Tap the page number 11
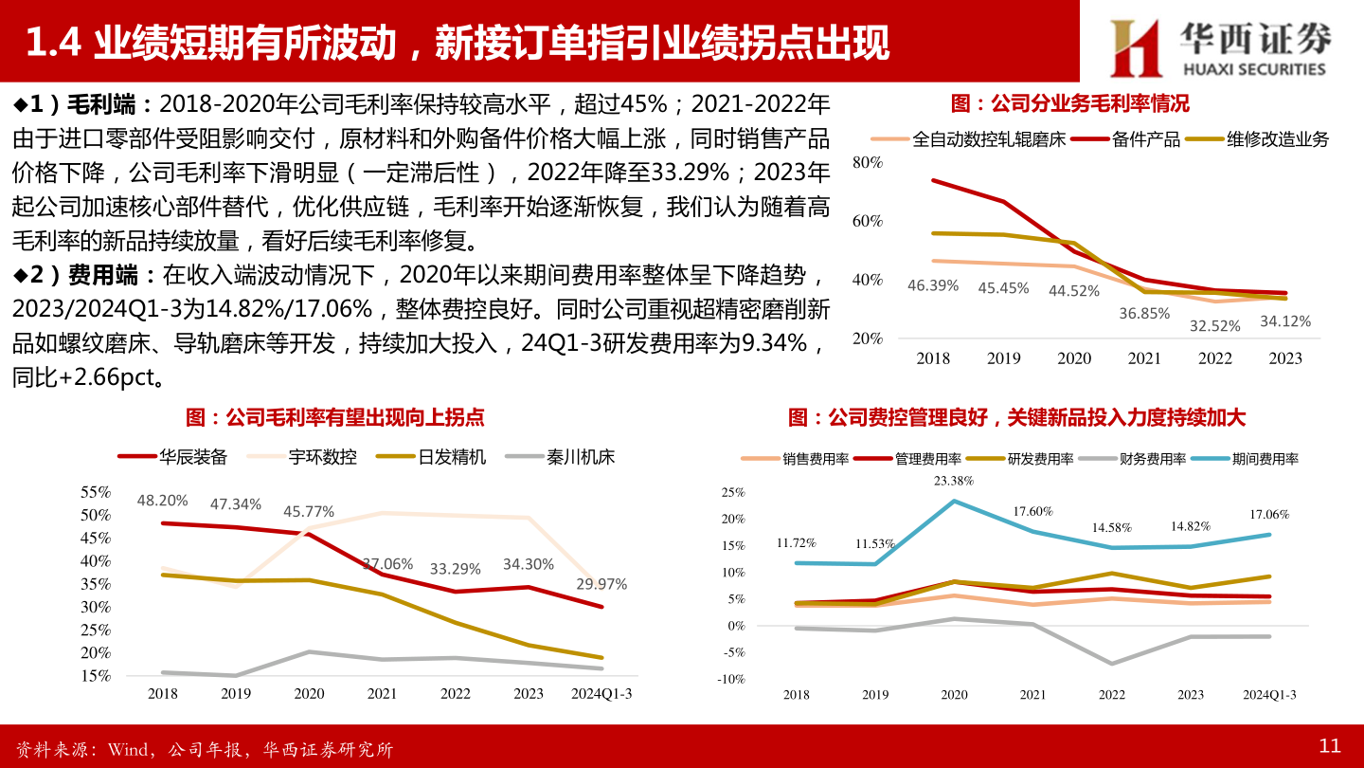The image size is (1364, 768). point(1330,746)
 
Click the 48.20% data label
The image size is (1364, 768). point(162,500)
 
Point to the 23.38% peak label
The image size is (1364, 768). point(953,481)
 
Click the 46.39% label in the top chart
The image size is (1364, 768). point(933,284)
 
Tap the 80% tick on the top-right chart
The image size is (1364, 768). point(868,163)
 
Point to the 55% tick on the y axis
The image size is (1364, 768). point(97,492)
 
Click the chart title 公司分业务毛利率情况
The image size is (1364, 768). point(1069,103)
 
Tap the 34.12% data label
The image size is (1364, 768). point(1285,321)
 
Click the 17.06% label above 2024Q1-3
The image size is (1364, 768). point(1269,514)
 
